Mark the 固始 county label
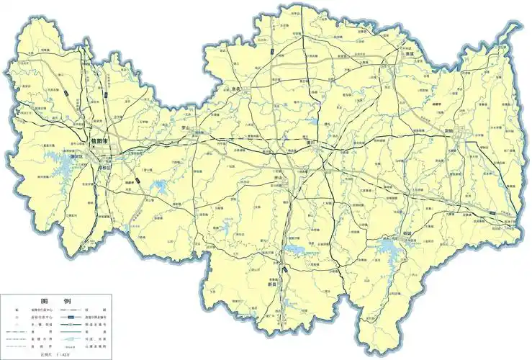click(449, 132)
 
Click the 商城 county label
click(408, 233)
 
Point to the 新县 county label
click(272, 284)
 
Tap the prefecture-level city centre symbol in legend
click(17, 310)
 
